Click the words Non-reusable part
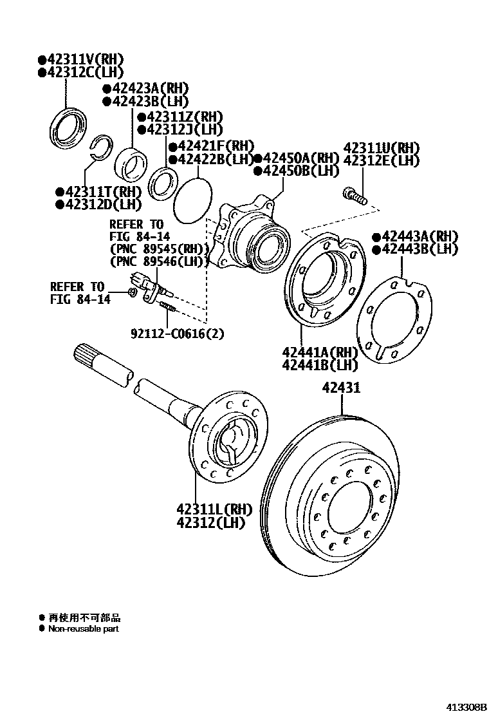click(x=83, y=628)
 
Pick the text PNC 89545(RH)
click(x=160, y=250)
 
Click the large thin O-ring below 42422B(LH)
click(x=192, y=201)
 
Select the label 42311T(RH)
click(x=102, y=192)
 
